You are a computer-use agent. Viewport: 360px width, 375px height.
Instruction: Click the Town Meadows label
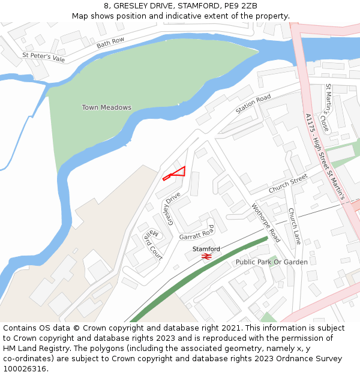pos(106,107)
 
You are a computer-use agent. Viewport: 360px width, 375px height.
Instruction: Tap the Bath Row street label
pos(110,43)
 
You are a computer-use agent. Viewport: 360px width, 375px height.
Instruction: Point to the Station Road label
pos(253,104)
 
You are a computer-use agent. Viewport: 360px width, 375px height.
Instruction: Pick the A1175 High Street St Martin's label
pos(324,157)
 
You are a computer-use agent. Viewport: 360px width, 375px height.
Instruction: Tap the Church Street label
pos(288,184)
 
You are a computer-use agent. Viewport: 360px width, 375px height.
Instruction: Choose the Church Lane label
pos(294,226)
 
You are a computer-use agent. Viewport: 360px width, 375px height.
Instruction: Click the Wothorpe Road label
pos(266,223)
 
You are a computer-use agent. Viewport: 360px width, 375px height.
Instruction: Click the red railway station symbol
pos(206,256)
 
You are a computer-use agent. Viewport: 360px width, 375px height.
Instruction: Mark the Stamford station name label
pos(206,248)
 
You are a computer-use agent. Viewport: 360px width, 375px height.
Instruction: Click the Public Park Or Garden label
pos(271,262)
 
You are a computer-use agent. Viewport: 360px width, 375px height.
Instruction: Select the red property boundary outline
pos(178,173)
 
